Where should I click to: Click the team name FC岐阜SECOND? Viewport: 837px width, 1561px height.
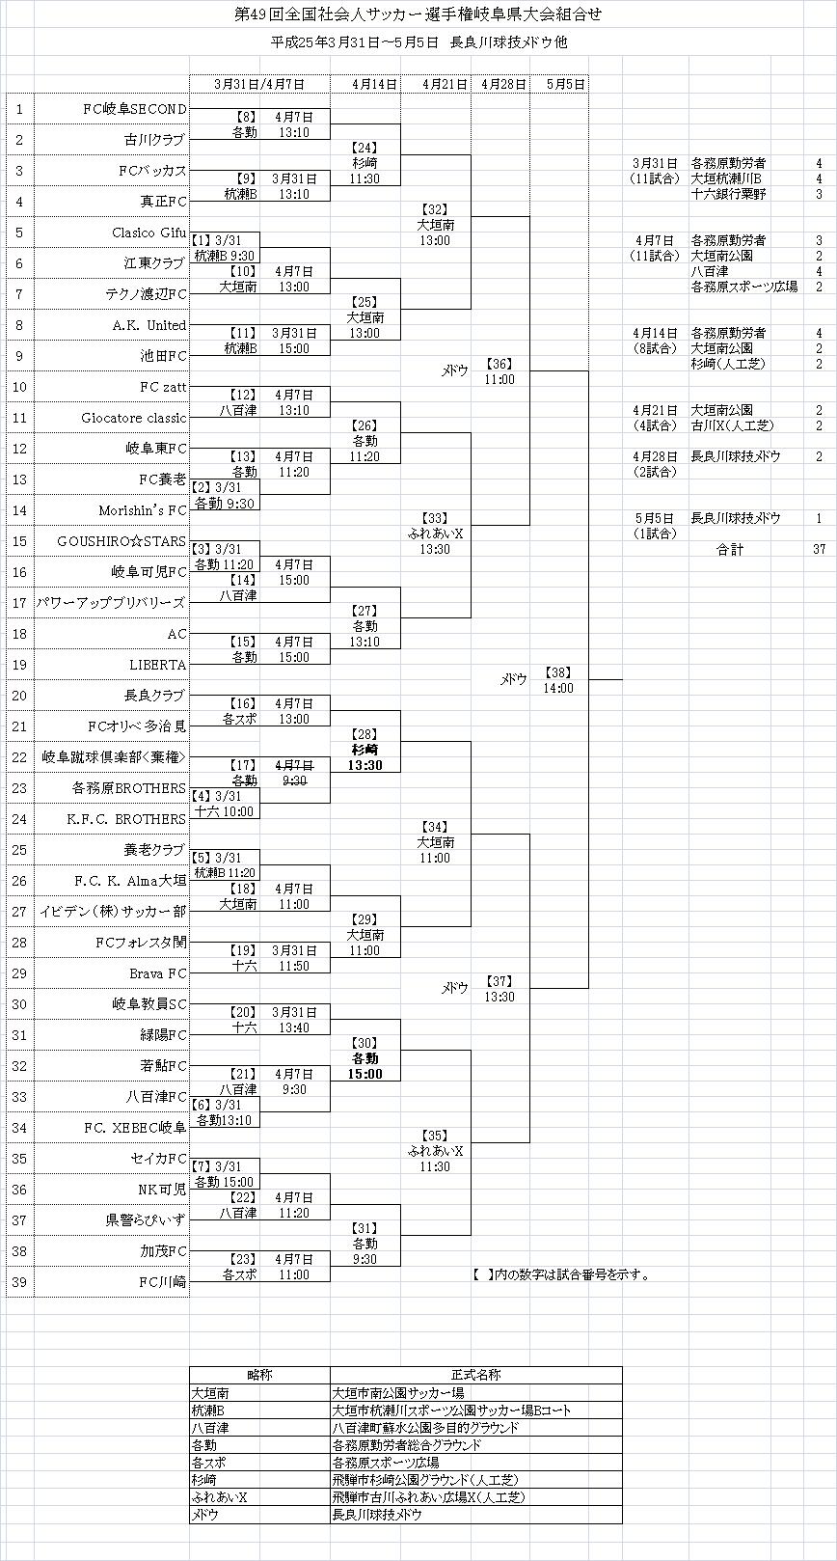tap(135, 109)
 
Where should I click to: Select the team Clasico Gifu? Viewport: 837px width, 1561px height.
tap(148, 233)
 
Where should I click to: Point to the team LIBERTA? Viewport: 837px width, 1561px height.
tap(158, 665)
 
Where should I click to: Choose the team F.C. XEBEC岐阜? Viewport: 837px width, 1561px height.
tap(135, 1128)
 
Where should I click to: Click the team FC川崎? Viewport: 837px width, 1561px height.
tap(162, 1282)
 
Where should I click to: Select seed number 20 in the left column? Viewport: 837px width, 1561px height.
tap(19, 696)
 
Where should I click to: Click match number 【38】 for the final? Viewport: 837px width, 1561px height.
tap(558, 672)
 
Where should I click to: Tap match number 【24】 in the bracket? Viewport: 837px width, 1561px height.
tap(364, 148)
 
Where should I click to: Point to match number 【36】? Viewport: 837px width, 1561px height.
tap(499, 364)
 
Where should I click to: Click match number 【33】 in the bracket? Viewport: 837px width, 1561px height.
tap(435, 518)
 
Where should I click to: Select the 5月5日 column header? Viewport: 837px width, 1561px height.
tap(565, 85)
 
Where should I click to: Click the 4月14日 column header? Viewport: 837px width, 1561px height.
tap(375, 85)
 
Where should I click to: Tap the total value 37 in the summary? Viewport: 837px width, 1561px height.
tap(819, 549)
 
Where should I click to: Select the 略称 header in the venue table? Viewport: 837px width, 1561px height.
tap(259, 1375)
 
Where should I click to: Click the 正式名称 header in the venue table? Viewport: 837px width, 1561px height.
tap(475, 1375)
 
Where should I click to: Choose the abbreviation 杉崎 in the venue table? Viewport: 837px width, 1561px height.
tap(204, 1479)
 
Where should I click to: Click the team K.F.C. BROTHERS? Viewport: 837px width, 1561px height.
tap(126, 819)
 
